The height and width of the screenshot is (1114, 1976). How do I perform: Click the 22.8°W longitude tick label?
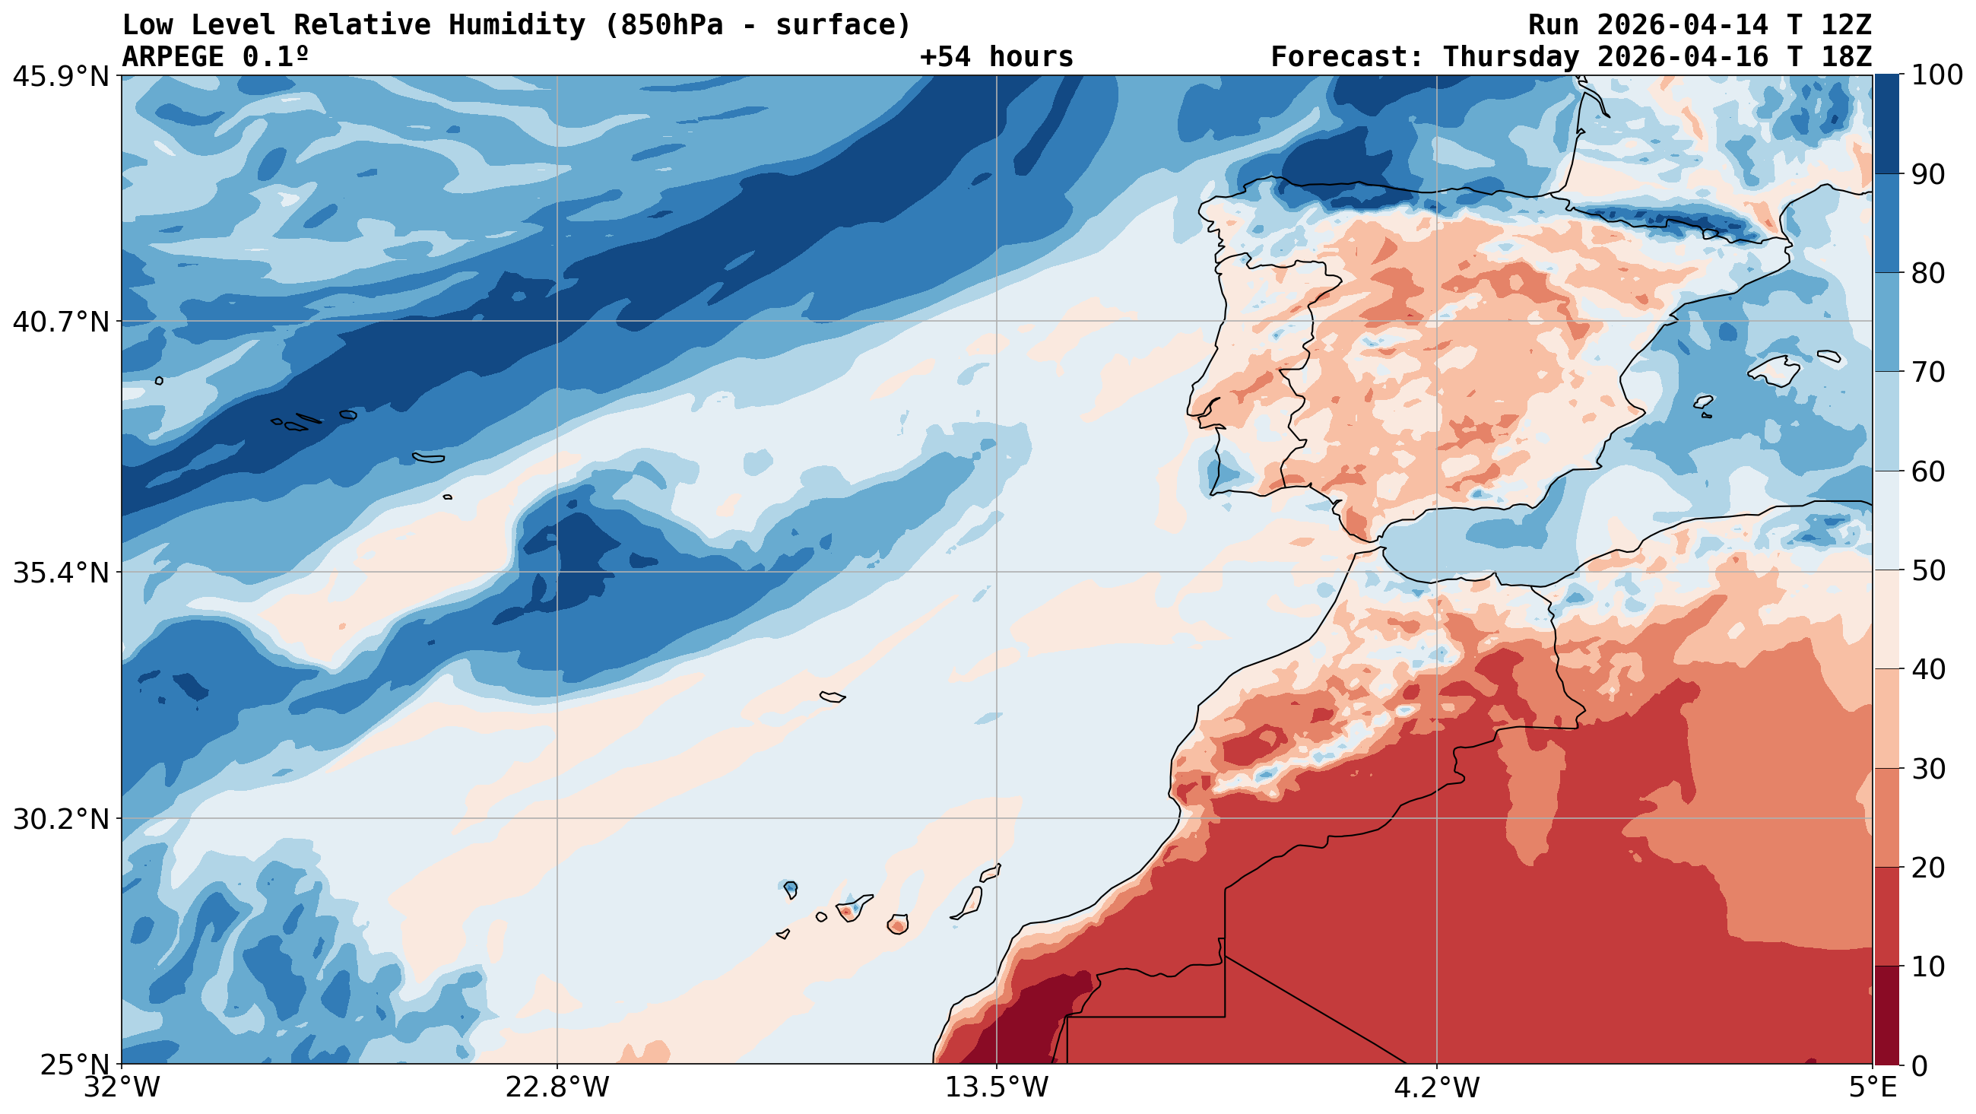tap(557, 1087)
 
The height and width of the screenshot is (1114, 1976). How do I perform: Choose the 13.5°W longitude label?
tap(997, 1087)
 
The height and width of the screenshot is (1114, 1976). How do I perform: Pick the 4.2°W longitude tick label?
tap(1437, 1087)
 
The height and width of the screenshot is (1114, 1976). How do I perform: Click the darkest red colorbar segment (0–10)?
tap(1886, 1015)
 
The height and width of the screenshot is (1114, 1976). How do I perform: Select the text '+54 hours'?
tap(996, 57)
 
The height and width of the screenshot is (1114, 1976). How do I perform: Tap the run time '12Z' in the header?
tap(1845, 25)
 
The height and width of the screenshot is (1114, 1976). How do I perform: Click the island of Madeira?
tap(833, 697)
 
